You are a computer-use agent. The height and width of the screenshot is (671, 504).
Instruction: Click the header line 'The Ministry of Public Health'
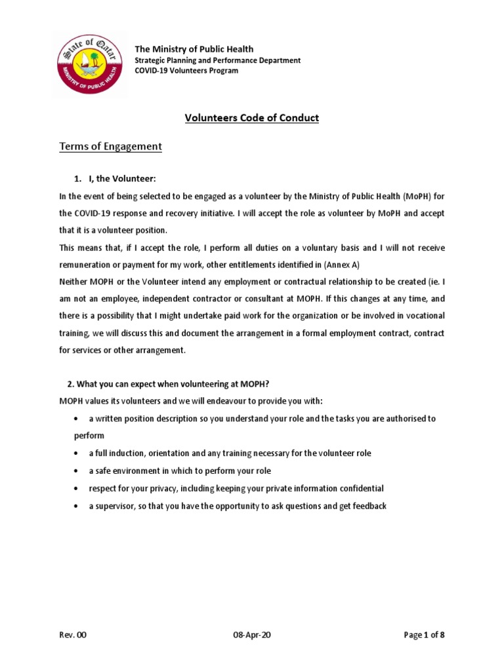tap(194, 49)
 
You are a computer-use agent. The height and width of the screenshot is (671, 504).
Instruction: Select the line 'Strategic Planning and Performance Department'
tap(217, 60)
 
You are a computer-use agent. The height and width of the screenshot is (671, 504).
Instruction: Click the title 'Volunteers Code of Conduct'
tap(252, 118)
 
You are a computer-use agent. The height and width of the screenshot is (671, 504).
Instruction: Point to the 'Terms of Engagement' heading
tap(110, 146)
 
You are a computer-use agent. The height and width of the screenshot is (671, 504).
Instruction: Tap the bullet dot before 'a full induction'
tap(78, 453)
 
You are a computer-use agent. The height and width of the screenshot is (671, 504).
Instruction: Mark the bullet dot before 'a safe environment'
tap(78, 471)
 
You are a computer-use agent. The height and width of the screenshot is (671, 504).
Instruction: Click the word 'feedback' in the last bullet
tap(367, 506)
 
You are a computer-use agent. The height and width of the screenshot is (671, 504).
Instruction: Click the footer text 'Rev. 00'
tap(72, 634)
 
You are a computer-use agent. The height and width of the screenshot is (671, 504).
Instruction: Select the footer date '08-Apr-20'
tap(251, 634)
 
